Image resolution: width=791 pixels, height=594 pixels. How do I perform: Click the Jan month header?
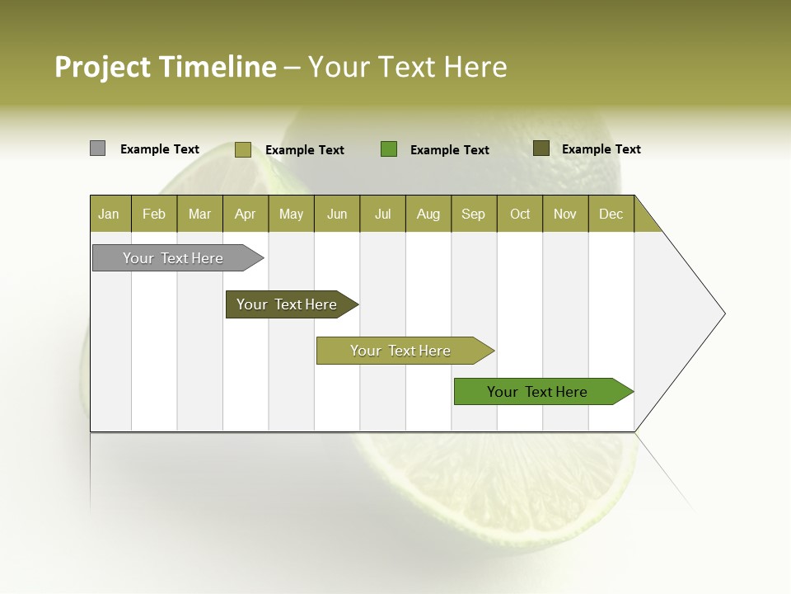point(110,214)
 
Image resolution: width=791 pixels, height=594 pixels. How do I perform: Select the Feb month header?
point(154,214)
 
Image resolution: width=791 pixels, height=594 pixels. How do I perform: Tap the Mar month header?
point(199,214)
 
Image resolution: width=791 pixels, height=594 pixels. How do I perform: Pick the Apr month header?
point(246,214)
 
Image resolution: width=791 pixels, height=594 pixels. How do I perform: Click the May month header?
point(291,214)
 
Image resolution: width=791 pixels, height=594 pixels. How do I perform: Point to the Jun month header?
point(337,214)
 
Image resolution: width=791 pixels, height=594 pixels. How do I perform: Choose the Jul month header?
point(382,214)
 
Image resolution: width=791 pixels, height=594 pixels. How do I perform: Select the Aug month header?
point(428,214)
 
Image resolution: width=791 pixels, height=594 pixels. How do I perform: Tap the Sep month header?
point(474,214)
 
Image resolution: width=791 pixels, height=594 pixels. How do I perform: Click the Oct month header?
point(520,214)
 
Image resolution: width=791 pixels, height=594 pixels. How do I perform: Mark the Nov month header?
point(565,214)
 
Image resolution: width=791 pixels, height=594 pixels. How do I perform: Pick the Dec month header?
point(611,214)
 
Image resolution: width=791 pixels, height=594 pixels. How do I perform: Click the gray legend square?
point(97,148)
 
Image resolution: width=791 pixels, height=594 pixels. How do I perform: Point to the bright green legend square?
point(389,149)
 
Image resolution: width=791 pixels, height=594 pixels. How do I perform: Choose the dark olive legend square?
point(541,148)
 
